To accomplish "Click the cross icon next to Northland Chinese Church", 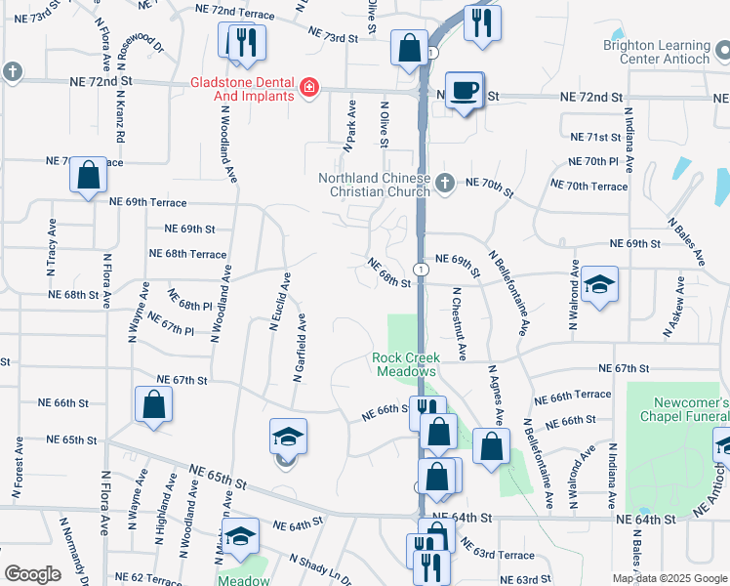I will [x=444, y=182].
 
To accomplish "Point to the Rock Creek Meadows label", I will [x=404, y=364].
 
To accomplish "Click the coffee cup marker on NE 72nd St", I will [x=465, y=92].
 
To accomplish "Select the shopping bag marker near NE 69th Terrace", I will [x=88, y=176].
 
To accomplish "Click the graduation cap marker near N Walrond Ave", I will [x=599, y=285].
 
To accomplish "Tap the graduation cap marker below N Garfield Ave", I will [x=288, y=437].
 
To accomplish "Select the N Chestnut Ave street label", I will [x=458, y=323].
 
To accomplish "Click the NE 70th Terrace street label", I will [x=589, y=185].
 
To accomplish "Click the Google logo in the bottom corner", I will [x=32, y=574].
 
